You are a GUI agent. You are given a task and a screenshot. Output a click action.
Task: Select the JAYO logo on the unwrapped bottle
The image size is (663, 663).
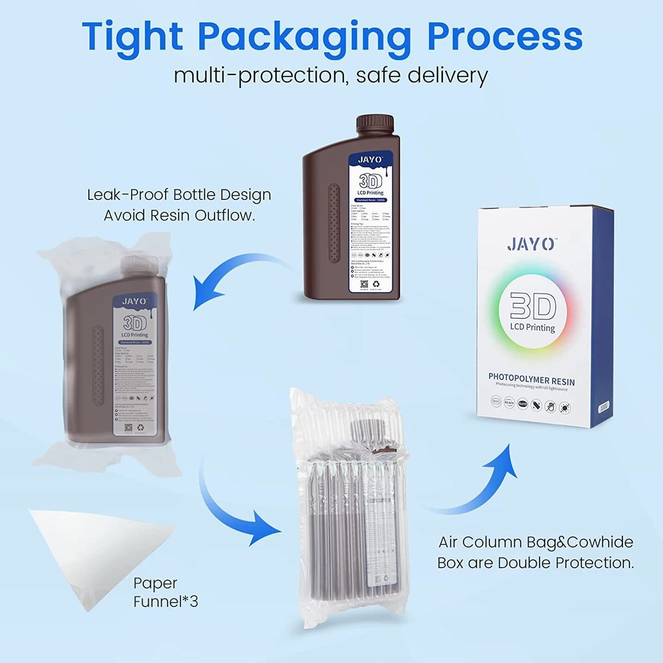click(370, 160)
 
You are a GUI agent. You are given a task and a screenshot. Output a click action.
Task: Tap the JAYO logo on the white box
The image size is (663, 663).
click(530, 244)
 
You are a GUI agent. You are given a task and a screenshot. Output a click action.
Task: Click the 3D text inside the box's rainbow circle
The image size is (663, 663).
click(533, 307)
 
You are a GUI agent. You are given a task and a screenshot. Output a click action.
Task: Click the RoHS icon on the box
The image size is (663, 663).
click(523, 404)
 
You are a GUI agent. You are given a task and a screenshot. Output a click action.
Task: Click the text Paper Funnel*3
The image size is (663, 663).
click(165, 592)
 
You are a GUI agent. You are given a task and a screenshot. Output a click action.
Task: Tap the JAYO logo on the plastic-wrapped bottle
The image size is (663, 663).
click(134, 302)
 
